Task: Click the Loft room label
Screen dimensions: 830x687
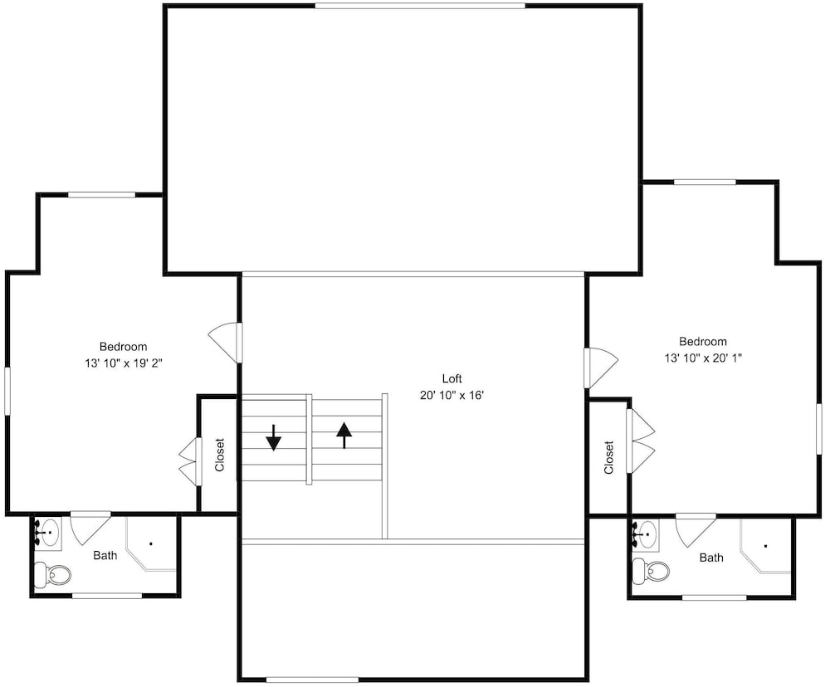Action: click(x=452, y=378)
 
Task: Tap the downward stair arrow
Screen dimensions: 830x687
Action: click(x=273, y=437)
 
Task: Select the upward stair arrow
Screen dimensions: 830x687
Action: click(x=344, y=435)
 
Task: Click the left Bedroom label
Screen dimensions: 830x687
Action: click(x=124, y=347)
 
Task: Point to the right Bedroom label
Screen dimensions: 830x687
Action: click(x=703, y=341)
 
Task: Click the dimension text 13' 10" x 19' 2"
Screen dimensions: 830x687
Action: click(x=124, y=363)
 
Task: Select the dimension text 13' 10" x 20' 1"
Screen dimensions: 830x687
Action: click(x=703, y=358)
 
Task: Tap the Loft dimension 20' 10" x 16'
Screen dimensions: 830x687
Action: click(x=452, y=396)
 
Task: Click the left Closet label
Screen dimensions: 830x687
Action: click(x=220, y=454)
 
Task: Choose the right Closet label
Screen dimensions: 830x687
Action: click(x=608, y=457)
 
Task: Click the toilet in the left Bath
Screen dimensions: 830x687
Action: click(x=52, y=574)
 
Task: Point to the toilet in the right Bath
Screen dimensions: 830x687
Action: click(x=651, y=571)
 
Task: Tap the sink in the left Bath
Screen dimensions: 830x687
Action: click(x=49, y=532)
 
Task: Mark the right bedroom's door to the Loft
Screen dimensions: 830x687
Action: click(x=601, y=368)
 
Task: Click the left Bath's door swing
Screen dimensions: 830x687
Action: click(x=90, y=529)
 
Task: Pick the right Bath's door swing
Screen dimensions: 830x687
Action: click(x=696, y=530)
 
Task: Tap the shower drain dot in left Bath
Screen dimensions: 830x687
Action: click(x=151, y=543)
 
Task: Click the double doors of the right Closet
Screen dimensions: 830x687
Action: click(x=641, y=441)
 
